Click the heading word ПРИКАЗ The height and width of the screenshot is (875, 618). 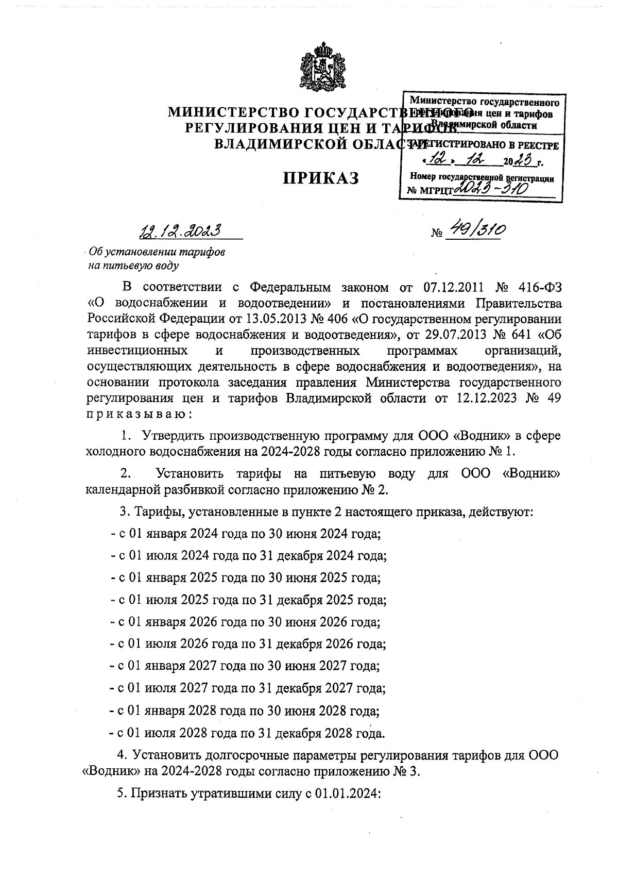point(320,178)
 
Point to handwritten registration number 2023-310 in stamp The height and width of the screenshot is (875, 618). point(491,189)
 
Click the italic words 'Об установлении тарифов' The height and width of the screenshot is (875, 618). point(157,253)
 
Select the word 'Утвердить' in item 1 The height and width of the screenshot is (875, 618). point(171,436)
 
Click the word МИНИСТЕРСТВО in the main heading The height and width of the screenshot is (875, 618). point(234,112)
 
